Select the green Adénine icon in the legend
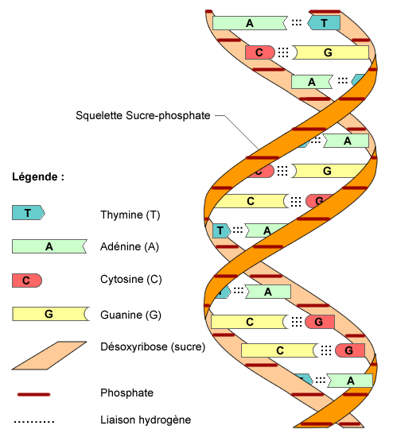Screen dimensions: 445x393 (x=49, y=246)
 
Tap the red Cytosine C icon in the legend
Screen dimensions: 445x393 (x=26, y=281)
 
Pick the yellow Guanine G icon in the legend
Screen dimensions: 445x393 (x=49, y=314)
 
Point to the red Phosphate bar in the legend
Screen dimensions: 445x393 (x=33, y=393)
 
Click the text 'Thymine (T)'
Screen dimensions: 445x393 (x=130, y=215)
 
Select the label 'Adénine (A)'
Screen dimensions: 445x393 (x=130, y=247)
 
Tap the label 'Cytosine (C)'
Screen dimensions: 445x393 (x=131, y=281)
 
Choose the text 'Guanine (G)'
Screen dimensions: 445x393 (x=130, y=315)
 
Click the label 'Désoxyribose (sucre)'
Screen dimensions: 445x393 (x=153, y=346)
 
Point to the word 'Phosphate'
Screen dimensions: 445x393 (x=126, y=393)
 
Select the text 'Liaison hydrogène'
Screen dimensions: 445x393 (x=146, y=420)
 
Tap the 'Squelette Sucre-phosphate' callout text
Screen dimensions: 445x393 (x=142, y=115)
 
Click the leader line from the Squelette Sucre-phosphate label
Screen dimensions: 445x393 (x=239, y=130)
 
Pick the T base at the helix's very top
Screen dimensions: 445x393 (x=324, y=23)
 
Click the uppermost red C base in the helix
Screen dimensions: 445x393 (x=259, y=52)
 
